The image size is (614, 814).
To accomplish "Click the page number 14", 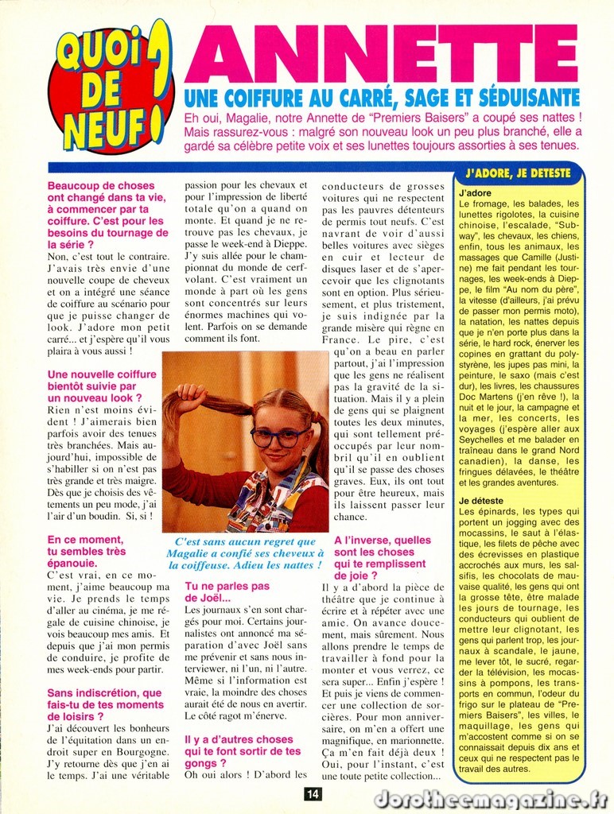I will (x=313, y=793).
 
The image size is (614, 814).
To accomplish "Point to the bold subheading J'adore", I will (x=476, y=193).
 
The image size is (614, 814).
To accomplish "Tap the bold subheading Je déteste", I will (x=480, y=501).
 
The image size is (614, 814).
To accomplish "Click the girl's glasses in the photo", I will (x=279, y=436).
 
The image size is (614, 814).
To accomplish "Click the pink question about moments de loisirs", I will (x=105, y=704).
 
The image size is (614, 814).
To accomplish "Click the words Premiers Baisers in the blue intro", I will (x=431, y=118).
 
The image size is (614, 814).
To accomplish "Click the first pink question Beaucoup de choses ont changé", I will (x=107, y=215).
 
